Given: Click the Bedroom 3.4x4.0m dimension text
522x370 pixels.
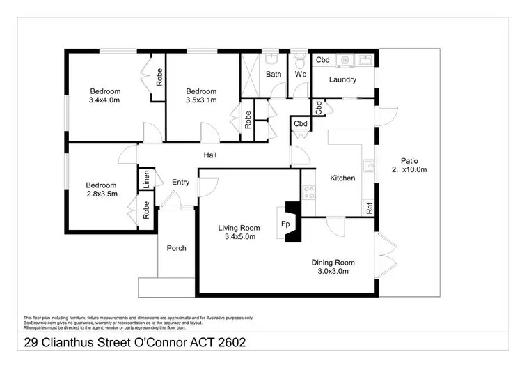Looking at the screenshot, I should [x=104, y=100].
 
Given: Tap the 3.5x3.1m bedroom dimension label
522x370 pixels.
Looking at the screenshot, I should [x=201, y=100].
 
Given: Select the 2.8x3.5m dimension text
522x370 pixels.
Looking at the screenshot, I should [x=101, y=194].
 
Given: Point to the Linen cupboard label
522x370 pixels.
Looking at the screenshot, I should [x=147, y=178].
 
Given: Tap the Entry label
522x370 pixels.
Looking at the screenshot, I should [x=180, y=183].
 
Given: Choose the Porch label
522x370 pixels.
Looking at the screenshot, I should [x=177, y=248].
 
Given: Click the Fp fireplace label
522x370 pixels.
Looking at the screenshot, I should [x=285, y=224].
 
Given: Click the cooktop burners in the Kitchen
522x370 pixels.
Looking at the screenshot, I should [x=309, y=192].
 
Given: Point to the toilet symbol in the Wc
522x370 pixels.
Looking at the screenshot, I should [x=300, y=58].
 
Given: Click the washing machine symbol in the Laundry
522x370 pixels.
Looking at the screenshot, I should [x=343, y=61].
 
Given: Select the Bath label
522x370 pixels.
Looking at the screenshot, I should [x=273, y=74].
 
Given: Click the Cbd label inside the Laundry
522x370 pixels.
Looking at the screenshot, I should [x=322, y=60].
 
